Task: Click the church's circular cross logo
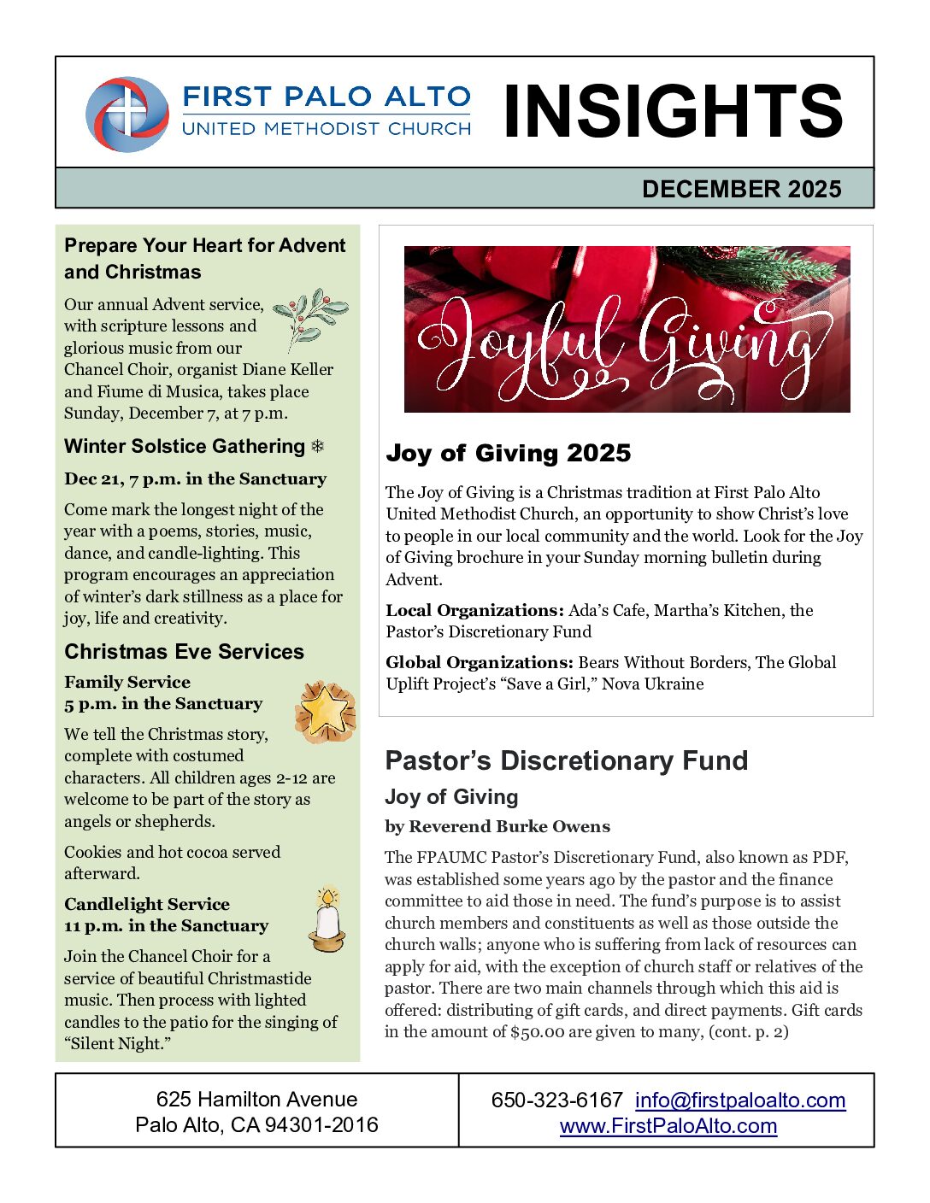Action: [127, 114]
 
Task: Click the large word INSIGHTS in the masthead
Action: [673, 112]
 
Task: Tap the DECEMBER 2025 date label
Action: [741, 189]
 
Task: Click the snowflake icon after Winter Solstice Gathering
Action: [317, 446]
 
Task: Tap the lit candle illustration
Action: [327, 919]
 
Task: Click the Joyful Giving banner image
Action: [627, 329]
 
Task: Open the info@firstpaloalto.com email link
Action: [739, 1100]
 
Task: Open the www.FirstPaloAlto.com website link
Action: [668, 1126]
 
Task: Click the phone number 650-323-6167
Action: [556, 1100]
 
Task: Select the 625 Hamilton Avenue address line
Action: [256, 1100]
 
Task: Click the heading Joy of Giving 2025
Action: [508, 453]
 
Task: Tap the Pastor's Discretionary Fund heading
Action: [566, 760]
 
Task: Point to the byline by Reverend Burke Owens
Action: [497, 826]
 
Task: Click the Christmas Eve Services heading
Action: [184, 651]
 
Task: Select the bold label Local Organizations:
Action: [474, 610]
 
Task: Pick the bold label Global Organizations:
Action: [479, 662]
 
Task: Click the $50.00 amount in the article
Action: [537, 1031]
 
